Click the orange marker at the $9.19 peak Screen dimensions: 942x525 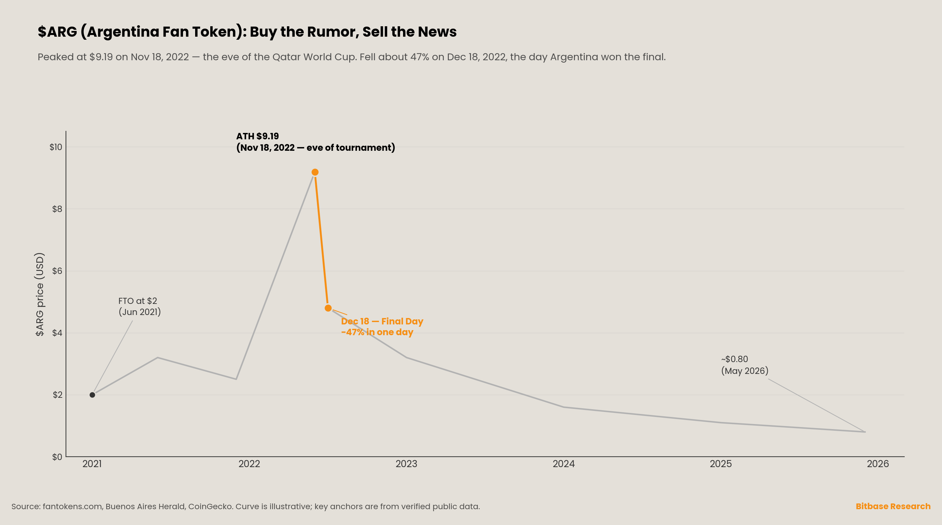[x=315, y=172]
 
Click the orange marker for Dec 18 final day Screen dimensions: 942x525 [x=328, y=308]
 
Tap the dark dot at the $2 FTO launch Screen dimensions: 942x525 [x=92, y=395]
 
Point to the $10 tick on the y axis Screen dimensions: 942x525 [x=56, y=147]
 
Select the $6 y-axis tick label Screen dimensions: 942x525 [x=57, y=271]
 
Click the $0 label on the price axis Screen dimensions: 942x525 [x=57, y=457]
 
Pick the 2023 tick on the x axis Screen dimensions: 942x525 [x=406, y=464]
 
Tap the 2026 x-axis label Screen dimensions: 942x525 [x=878, y=464]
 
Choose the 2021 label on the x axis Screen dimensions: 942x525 [x=92, y=464]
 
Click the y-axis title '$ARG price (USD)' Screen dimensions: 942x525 [x=39, y=294]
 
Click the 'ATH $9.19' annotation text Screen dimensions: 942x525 [x=257, y=136]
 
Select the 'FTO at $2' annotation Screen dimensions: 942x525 [x=138, y=301]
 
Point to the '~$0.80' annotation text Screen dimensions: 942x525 [x=735, y=359]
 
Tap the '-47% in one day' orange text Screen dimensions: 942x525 [x=377, y=332]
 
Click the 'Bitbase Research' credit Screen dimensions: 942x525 [x=893, y=506]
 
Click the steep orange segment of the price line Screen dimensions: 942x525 [x=321, y=240]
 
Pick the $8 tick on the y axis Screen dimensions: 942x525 [x=57, y=209]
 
